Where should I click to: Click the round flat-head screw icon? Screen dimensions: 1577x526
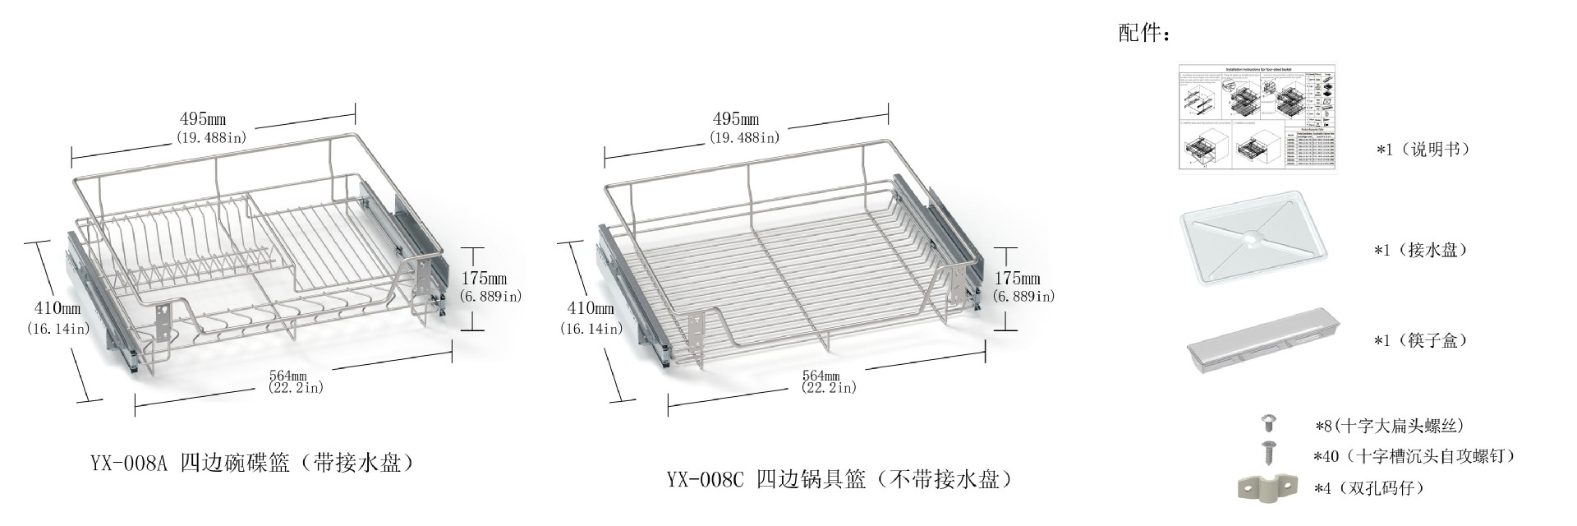[x=1268, y=424]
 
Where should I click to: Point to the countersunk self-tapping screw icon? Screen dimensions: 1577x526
[x=1268, y=453]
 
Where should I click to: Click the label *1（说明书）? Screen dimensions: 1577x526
[x=1423, y=150]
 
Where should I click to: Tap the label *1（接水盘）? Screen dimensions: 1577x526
[x=1421, y=250]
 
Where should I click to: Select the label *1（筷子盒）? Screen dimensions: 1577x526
[x=1421, y=340]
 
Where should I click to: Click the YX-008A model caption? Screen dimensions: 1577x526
[x=252, y=464]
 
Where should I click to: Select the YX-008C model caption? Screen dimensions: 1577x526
[x=839, y=479]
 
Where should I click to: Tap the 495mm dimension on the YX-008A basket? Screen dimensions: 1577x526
[x=203, y=119]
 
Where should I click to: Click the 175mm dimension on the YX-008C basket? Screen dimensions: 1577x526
[x=1017, y=279]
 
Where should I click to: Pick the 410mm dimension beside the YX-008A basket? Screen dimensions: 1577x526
[x=57, y=308]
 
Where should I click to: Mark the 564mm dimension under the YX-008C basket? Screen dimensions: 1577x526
[x=821, y=376]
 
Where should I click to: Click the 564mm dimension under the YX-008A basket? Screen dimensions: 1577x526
[x=287, y=376]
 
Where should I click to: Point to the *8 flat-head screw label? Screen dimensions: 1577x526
[x=1389, y=426]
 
